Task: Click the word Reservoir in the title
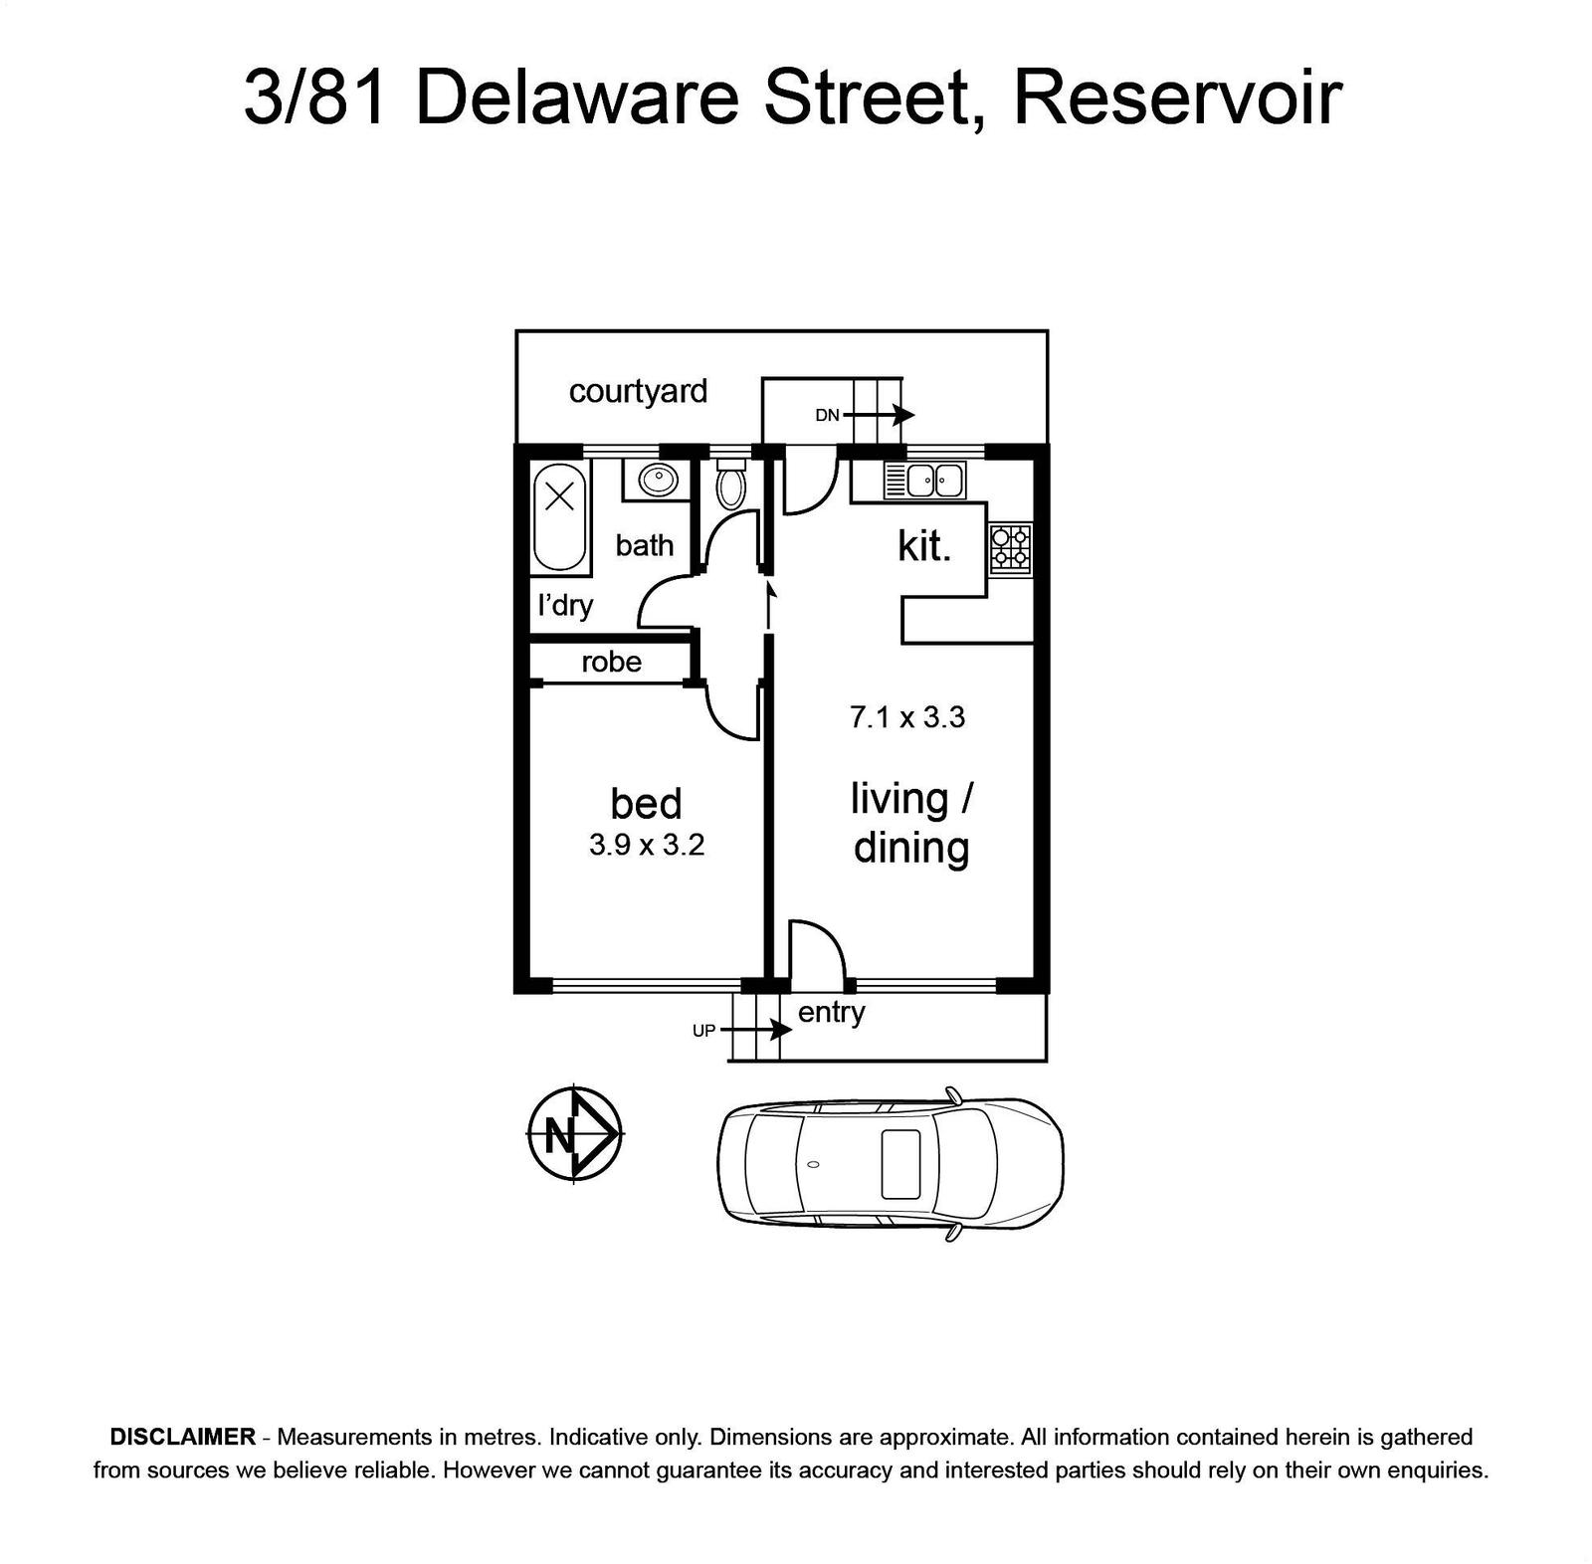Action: click(1178, 98)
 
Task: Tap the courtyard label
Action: click(638, 392)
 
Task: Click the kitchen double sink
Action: click(925, 481)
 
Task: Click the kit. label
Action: click(924, 545)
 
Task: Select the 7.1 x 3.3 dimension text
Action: click(907, 717)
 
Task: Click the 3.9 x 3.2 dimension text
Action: click(647, 845)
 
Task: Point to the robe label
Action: click(611, 662)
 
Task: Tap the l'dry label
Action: click(565, 605)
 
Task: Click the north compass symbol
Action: click(574, 1134)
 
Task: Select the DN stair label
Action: click(827, 415)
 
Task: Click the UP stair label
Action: click(703, 1031)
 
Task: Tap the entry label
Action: click(832, 1013)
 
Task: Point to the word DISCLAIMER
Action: click(183, 1437)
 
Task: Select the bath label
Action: click(644, 545)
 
